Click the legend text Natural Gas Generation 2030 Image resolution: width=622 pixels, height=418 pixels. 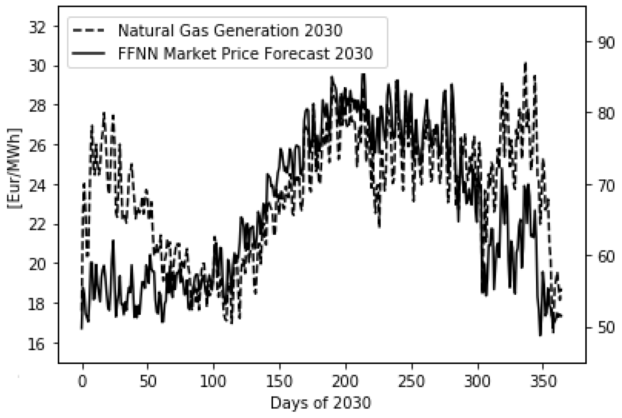pyautogui.click(x=230, y=31)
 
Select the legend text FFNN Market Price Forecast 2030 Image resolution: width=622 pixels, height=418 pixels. pyautogui.click(x=245, y=54)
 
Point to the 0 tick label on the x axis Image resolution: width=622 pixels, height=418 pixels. pyautogui.click(x=82, y=381)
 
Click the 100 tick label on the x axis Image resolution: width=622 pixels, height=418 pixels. pyautogui.click(x=214, y=381)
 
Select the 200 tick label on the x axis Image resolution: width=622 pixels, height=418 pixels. pyautogui.click(x=345, y=381)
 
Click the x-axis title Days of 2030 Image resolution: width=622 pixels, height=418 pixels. pyautogui.click(x=321, y=403)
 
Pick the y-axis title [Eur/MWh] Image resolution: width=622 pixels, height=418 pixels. pyautogui.click(x=15, y=169)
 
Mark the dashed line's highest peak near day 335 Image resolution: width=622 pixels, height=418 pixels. pyautogui.click(x=525, y=63)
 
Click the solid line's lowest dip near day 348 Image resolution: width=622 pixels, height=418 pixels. pyautogui.click(x=540, y=335)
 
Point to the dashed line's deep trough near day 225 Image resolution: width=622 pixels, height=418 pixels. pyautogui.click(x=379, y=226)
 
